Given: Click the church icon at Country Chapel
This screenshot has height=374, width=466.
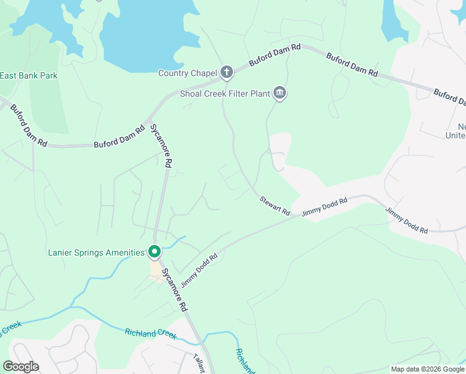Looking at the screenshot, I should click(x=226, y=72).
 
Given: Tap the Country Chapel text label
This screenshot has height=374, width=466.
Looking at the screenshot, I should click(x=187, y=74).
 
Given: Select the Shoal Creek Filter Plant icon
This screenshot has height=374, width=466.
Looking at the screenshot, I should click(x=280, y=93).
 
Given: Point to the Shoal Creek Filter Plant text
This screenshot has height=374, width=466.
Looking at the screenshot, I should click(x=224, y=94).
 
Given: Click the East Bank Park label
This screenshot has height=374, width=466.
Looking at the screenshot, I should click(x=29, y=76).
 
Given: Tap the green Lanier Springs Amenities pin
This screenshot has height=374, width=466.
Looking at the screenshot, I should click(x=155, y=252).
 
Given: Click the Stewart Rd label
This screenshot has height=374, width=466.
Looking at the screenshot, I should click(x=275, y=206).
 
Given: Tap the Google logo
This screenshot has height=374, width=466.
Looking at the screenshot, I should click(x=21, y=367).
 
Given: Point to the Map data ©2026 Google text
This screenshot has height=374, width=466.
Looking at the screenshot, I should click(x=427, y=369).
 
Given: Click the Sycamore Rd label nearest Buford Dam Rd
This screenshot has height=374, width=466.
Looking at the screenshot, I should click(x=160, y=146).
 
